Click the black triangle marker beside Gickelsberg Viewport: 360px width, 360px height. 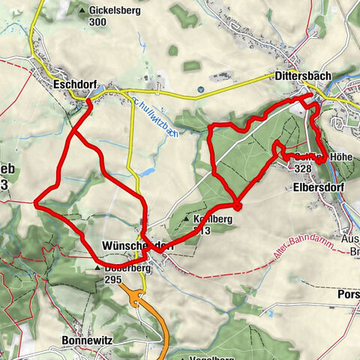(x=82, y=11)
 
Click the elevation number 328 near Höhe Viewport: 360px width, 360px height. (x=302, y=169)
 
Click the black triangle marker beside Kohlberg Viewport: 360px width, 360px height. (x=187, y=219)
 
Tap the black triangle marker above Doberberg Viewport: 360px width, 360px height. (x=97, y=267)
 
